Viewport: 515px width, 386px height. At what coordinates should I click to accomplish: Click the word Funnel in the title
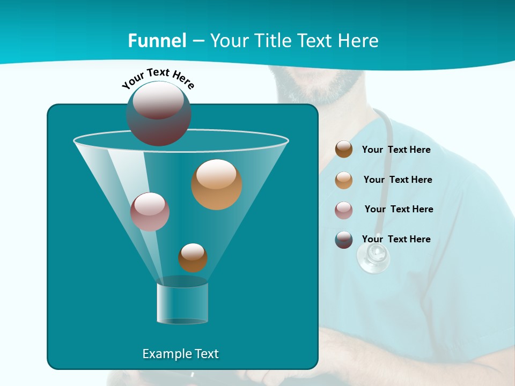(157, 41)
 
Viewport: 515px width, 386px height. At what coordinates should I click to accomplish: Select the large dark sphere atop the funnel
(159, 114)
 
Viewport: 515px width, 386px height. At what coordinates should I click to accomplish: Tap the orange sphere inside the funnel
(217, 184)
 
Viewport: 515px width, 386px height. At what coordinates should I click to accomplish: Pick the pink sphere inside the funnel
(150, 212)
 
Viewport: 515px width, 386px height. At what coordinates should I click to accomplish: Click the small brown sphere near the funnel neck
(193, 258)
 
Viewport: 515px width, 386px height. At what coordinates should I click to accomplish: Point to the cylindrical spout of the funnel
(182, 303)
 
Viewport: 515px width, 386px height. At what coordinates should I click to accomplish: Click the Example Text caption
(181, 354)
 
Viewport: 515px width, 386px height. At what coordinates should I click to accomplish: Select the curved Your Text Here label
(158, 78)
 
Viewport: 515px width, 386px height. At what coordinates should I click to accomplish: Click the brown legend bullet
(344, 149)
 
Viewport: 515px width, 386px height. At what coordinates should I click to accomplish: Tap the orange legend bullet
(344, 180)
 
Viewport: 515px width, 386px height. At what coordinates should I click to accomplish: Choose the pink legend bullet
(344, 210)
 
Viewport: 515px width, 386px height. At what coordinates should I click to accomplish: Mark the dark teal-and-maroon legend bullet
(344, 240)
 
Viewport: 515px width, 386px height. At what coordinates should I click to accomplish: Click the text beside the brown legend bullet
(396, 150)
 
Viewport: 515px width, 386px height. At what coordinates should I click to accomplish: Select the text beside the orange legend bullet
(398, 180)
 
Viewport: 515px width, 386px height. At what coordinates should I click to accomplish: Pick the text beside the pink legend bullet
(399, 209)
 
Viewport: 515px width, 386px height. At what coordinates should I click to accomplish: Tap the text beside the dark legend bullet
(396, 239)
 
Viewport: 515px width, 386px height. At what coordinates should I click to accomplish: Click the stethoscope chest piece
(373, 258)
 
